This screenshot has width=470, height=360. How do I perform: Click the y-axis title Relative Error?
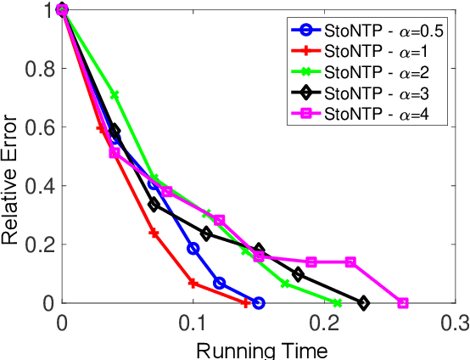11,156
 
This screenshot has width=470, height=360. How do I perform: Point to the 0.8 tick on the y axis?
36,69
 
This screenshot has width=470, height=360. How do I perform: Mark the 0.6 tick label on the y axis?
36,127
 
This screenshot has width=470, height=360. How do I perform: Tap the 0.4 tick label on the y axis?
36,186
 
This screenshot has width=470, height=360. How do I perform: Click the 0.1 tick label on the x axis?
193,323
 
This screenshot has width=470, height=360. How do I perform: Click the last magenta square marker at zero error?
403,303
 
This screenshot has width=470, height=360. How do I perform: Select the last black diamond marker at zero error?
363,303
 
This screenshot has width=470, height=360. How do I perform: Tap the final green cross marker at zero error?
337,303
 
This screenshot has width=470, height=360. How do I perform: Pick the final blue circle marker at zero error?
259,303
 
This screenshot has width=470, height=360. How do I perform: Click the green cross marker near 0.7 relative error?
115,95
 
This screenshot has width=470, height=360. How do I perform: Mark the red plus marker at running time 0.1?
193,283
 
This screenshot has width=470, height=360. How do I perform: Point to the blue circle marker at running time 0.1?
193,249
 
